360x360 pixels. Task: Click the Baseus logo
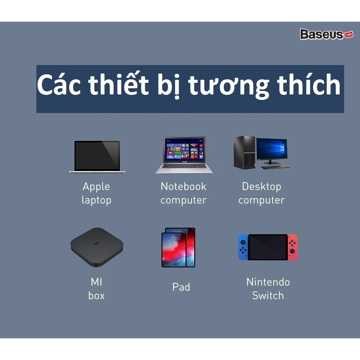tap(326, 34)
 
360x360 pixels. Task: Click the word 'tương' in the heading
tap(228, 86)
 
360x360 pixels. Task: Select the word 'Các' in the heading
tap(59, 84)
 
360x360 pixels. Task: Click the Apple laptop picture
tap(97, 156)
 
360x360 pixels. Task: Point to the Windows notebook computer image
tap(184, 155)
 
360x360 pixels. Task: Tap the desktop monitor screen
tap(272, 149)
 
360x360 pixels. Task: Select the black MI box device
tap(97, 247)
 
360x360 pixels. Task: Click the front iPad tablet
tap(174, 250)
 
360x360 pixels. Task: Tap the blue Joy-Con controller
tap(243, 247)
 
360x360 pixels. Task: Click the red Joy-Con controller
tap(293, 247)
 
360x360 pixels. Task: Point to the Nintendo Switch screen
tap(268, 247)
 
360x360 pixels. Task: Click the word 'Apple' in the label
tap(96, 187)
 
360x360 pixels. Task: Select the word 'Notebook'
tap(183, 186)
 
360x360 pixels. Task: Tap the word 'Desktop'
tap(262, 187)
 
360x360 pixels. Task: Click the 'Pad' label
tap(181, 287)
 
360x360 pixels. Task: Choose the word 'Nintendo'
tap(268, 282)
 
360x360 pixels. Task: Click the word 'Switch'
tap(268, 295)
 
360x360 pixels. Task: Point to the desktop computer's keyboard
tap(276, 167)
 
